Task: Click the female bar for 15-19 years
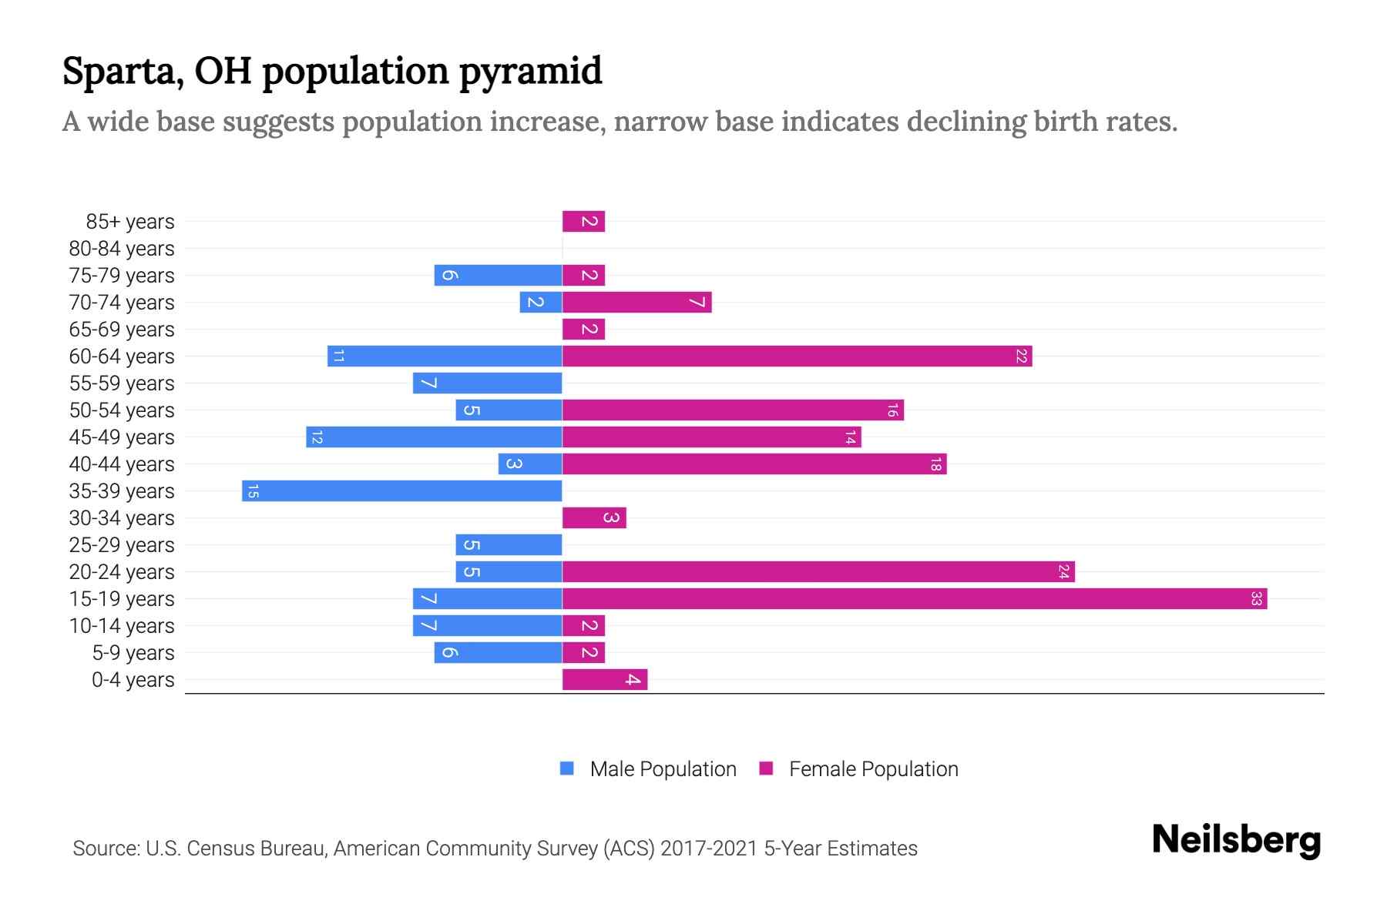tap(915, 599)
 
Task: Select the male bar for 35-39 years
tap(401, 491)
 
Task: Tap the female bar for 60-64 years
tap(797, 357)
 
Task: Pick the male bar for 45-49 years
tap(434, 437)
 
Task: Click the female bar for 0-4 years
tap(605, 680)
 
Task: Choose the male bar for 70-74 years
tap(541, 303)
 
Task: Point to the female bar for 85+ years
tap(583, 222)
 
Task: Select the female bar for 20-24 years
tap(818, 572)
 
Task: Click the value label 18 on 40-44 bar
tap(935, 464)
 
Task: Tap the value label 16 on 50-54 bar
tap(892, 410)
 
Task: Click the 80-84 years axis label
tap(122, 249)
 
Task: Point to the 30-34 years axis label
tap(122, 518)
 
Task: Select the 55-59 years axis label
tap(122, 383)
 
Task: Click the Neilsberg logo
tap(1236, 840)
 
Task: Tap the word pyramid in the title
tap(531, 72)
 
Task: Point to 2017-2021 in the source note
tap(709, 849)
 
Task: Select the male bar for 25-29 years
tap(509, 545)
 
